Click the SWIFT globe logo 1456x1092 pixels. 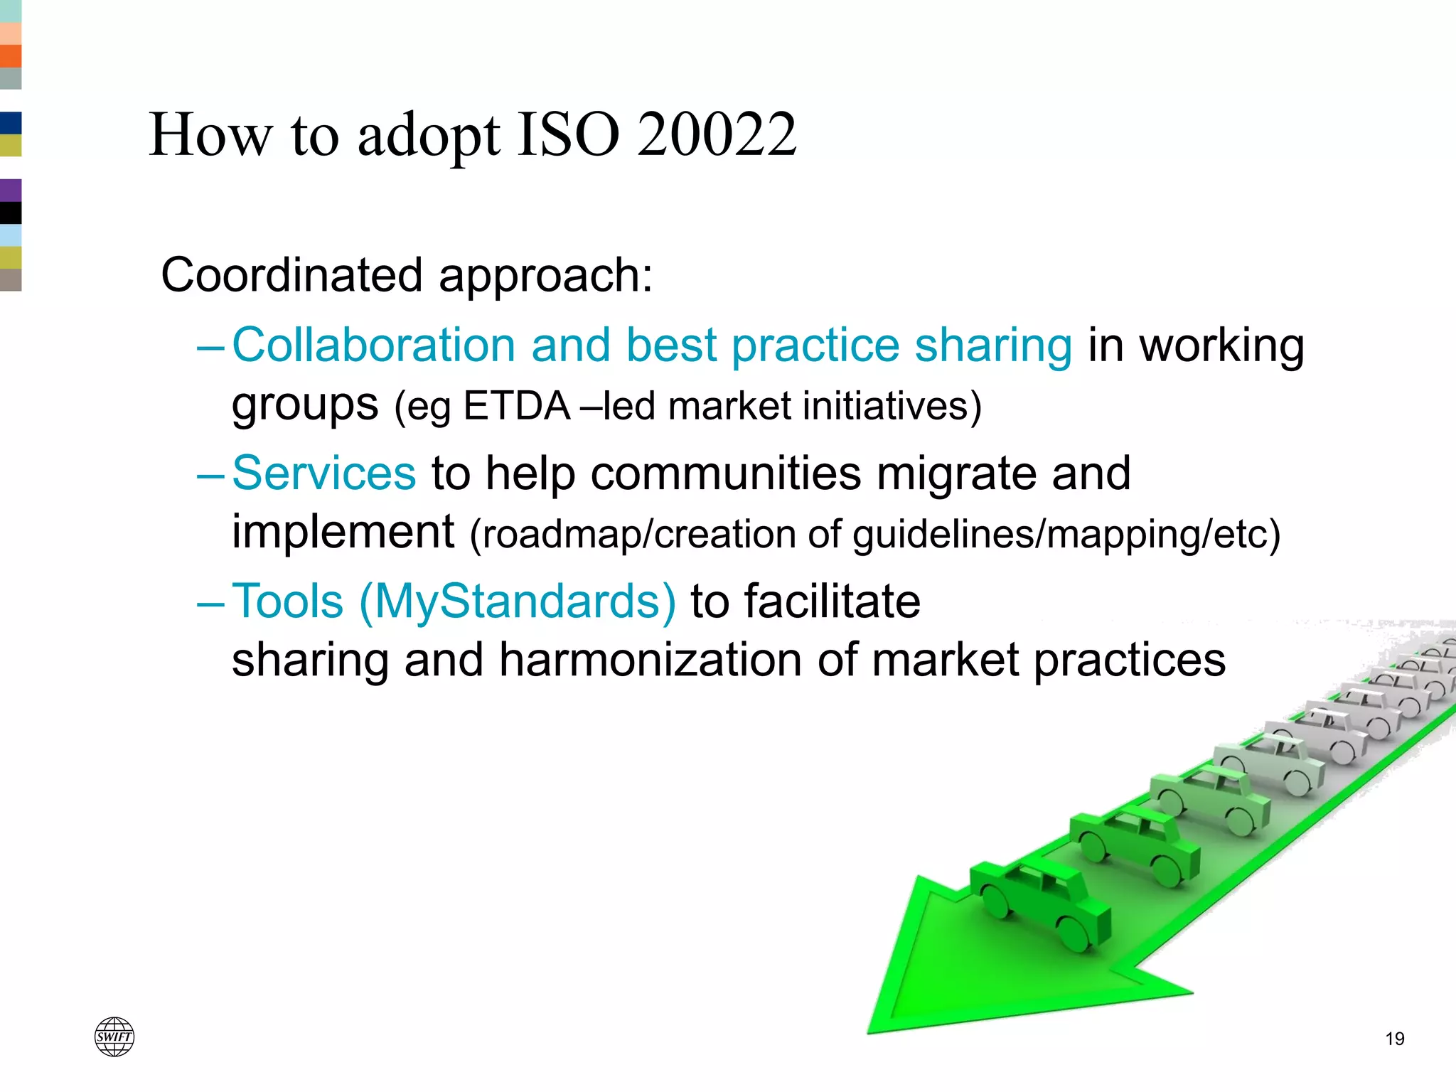[x=114, y=1037]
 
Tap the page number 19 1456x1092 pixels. [x=1395, y=1039]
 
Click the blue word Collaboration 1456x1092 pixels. [x=373, y=346]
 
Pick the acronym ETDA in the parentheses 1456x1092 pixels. [x=517, y=407]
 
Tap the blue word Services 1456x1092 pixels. [x=324, y=473]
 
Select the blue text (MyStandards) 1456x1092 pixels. [x=518, y=601]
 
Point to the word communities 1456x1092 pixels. [x=725, y=473]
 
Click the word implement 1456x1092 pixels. [x=343, y=532]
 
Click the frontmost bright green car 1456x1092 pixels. [x=1039, y=903]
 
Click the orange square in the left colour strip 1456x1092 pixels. [x=11, y=56]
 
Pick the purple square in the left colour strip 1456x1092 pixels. [x=11, y=191]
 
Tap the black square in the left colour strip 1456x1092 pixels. [x=11, y=213]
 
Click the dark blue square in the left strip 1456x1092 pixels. [x=11, y=123]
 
